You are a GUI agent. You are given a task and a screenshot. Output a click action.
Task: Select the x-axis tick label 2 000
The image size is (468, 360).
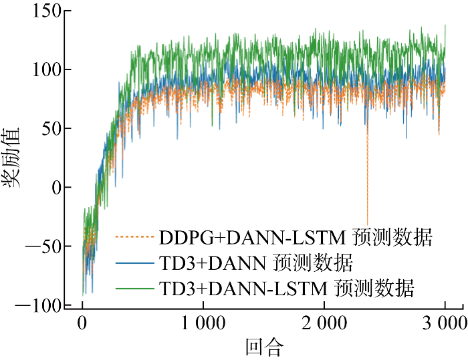324,325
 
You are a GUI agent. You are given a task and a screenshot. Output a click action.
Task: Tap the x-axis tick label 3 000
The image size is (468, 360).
444,325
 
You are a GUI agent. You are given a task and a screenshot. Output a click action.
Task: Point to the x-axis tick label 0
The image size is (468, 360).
82,325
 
